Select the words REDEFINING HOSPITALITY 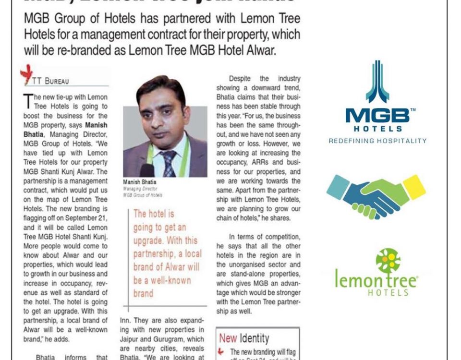(x=377, y=141)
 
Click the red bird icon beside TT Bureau (x=26, y=73)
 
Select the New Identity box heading (x=244, y=338)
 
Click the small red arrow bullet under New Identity (x=221, y=352)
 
